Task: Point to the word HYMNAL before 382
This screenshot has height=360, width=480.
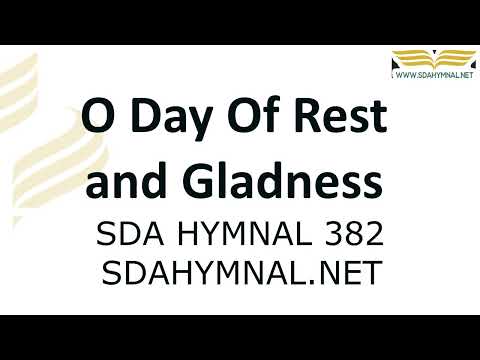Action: [x=248, y=234]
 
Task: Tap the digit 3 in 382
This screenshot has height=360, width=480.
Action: [x=331, y=234]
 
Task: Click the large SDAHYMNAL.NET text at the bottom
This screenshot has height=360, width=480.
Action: [x=241, y=272]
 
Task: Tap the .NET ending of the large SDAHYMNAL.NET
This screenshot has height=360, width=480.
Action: [x=350, y=272]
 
